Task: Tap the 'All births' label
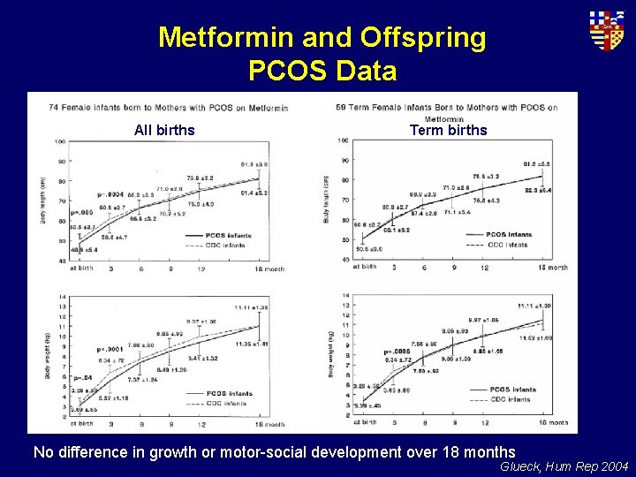pos(164,131)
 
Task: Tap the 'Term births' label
pos(448,131)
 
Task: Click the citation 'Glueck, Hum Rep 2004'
pos(564,466)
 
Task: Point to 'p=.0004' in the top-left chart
pos(111,193)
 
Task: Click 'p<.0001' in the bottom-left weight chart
pos(110,350)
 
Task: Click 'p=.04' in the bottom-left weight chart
pos(82,377)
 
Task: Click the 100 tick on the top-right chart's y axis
pos(341,139)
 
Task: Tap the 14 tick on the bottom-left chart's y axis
pos(59,296)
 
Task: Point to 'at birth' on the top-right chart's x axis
pos(363,267)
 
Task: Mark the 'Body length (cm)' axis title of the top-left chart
pos(42,201)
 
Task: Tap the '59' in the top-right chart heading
pos(341,108)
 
